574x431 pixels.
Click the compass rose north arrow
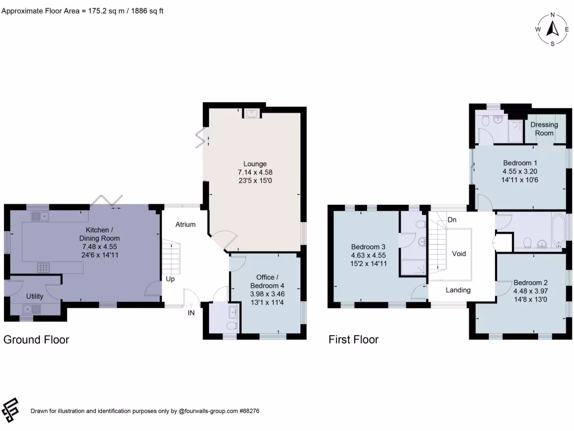click(x=553, y=29)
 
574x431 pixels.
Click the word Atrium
click(x=186, y=224)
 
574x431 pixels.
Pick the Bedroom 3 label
click(x=368, y=247)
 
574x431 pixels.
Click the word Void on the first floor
click(x=460, y=254)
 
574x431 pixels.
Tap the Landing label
click(x=458, y=290)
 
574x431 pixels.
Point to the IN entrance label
click(x=191, y=313)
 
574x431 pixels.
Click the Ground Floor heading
click(x=36, y=340)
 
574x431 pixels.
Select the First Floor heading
click(x=353, y=340)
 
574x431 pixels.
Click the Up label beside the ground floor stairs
click(x=170, y=278)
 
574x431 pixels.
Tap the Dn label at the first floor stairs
click(x=451, y=219)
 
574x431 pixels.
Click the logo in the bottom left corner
click(x=11, y=410)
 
